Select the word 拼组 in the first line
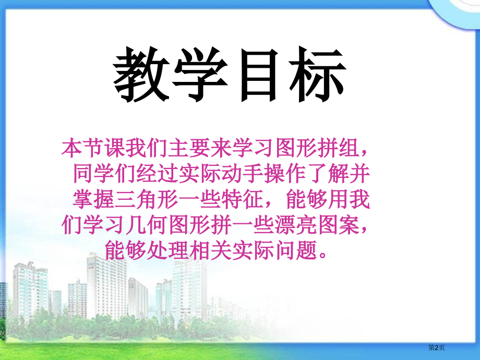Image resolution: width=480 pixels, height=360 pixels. [x=333, y=149]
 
